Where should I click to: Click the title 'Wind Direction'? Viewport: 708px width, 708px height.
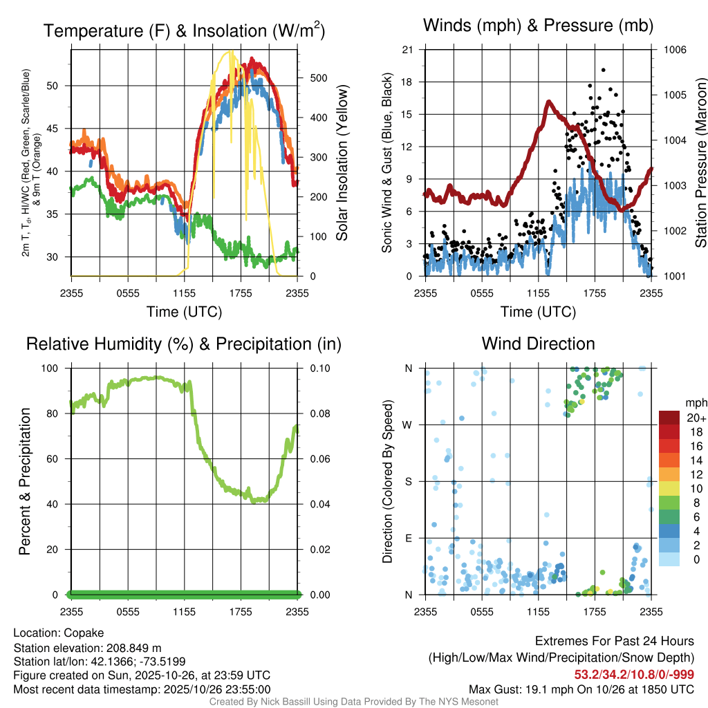point(538,344)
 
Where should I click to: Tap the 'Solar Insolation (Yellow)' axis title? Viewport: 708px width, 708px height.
point(342,163)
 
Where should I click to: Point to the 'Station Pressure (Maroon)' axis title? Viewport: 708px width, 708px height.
point(700,163)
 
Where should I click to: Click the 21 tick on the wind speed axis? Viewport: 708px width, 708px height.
point(408,50)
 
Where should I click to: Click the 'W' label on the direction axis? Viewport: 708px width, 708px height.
point(409,425)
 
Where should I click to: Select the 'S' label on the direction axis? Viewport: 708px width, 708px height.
point(409,481)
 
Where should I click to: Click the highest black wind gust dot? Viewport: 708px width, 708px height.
point(604,70)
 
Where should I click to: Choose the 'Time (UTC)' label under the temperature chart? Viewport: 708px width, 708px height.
point(184,312)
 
